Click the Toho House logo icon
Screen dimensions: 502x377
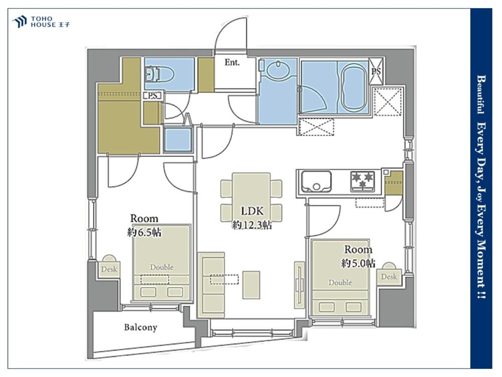pos(19,22)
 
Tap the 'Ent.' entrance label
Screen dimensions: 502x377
pos(232,62)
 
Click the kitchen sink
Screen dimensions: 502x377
pos(315,181)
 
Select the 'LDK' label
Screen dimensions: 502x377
pos(253,211)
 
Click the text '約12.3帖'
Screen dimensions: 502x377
pos(252,225)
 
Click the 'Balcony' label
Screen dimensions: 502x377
pos(141,327)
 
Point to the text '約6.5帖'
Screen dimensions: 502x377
pos(145,232)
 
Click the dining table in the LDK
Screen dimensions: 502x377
pos(252,197)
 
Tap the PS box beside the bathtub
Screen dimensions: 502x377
pos(376,71)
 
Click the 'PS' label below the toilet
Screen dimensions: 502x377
pos(153,96)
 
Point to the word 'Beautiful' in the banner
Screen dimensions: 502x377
pos(480,95)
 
